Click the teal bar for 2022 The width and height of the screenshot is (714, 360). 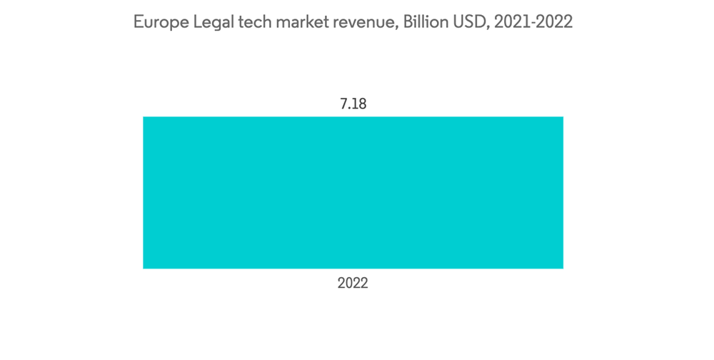click(353, 192)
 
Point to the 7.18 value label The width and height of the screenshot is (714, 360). click(353, 104)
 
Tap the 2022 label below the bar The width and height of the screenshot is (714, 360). click(353, 283)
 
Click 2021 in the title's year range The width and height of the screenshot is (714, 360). click(509, 22)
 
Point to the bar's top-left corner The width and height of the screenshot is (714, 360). click(144, 117)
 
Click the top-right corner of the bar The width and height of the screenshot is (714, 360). click(563, 117)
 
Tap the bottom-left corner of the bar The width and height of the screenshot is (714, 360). click(144, 268)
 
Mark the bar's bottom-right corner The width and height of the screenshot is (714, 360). click(563, 268)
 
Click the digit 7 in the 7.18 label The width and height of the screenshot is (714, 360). click(343, 104)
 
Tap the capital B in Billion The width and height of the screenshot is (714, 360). click(408, 22)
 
